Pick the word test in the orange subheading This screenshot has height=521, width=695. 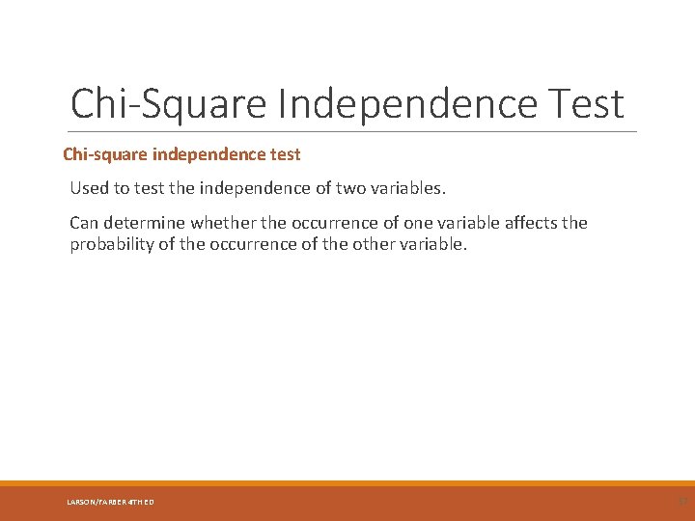285,154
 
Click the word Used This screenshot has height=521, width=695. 90,186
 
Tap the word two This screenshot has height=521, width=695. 347,186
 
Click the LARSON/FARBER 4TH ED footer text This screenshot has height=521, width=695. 110,502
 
